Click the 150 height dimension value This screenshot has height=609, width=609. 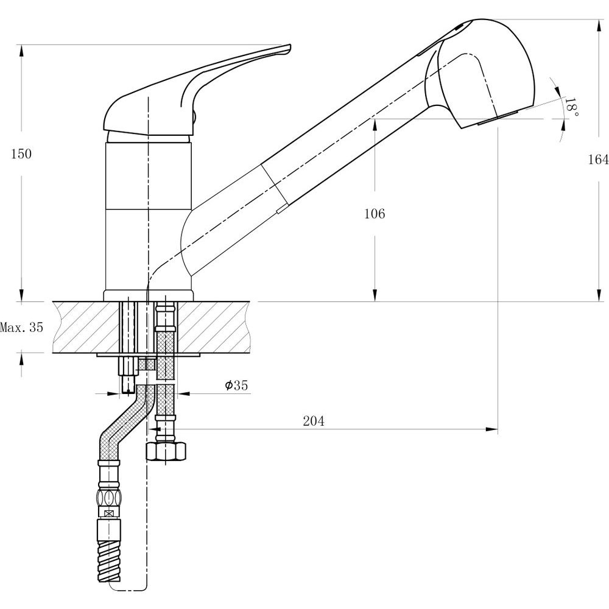[21, 154]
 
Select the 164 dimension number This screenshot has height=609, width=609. [598, 159]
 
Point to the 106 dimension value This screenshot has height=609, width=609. [375, 214]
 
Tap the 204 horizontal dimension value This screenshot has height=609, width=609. [314, 421]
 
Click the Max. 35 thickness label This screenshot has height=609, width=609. [21, 328]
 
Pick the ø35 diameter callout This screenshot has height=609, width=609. [236, 385]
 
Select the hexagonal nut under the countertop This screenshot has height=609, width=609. [166, 451]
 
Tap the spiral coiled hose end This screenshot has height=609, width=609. [109, 561]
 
